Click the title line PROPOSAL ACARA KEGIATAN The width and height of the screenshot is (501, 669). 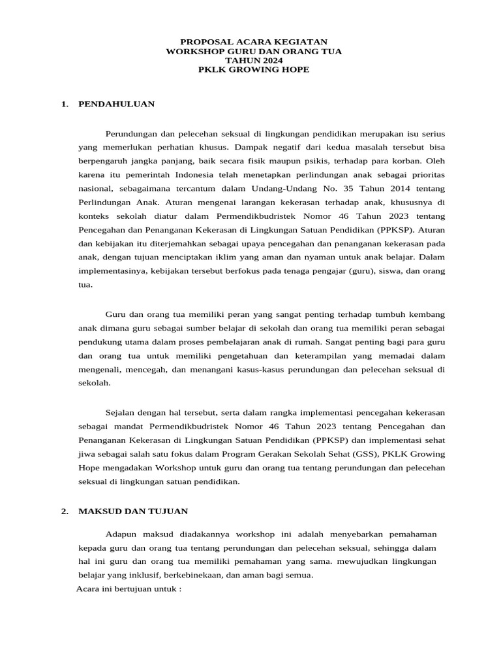[254, 41]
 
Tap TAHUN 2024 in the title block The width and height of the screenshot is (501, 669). [254, 60]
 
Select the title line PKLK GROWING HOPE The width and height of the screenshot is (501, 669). [254, 69]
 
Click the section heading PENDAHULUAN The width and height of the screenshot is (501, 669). [116, 104]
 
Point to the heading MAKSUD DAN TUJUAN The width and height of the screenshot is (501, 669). [133, 511]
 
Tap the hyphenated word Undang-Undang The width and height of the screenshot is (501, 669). [320, 190]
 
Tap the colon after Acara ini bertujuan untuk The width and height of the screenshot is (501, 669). [179, 590]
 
